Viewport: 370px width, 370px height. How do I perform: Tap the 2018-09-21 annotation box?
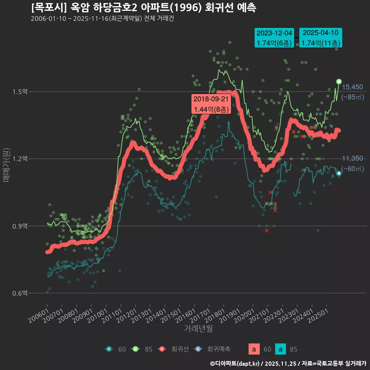(x=211, y=104)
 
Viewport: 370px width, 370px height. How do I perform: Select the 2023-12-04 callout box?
(x=274, y=38)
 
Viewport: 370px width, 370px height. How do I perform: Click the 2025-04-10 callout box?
(x=321, y=38)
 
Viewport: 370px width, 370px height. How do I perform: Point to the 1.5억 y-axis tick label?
(x=20, y=92)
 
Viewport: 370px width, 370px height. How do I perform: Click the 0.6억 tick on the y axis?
(x=20, y=293)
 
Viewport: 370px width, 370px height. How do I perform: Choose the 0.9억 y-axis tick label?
(x=20, y=226)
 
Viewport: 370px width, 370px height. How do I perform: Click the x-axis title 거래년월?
(x=198, y=329)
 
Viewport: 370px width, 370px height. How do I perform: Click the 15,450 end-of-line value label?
(x=352, y=87)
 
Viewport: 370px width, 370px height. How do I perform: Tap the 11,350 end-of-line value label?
(x=352, y=158)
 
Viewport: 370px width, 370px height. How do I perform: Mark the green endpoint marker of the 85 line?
(x=339, y=81)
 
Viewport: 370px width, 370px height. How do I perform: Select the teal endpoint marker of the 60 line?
(x=339, y=173)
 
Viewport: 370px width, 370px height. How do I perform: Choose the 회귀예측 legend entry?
(x=213, y=349)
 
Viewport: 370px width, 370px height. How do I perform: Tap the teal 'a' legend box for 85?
(x=281, y=349)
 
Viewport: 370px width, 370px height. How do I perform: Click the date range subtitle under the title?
(x=103, y=19)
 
